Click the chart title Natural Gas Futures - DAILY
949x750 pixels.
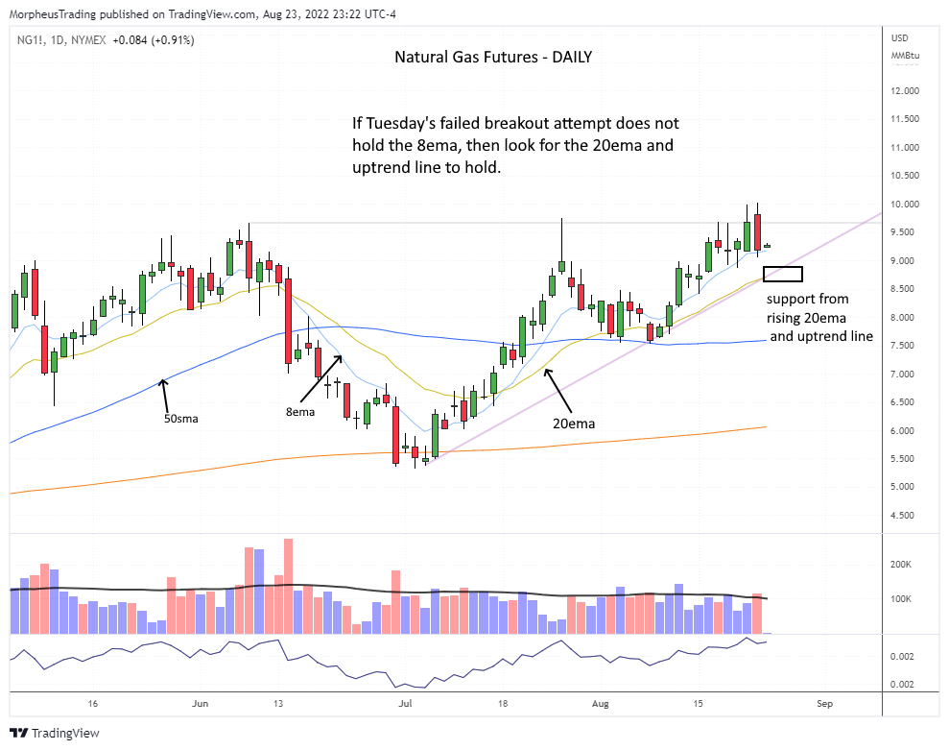[493, 57]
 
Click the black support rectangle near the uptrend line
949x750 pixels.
[783, 275]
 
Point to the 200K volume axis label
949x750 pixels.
[903, 565]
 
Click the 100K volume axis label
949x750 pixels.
[903, 599]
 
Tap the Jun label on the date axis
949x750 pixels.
[200, 704]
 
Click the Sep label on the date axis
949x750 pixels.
[824, 704]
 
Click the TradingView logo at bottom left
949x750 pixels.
[56, 733]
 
